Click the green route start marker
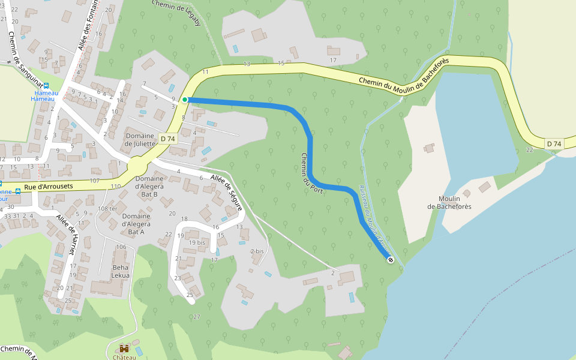[185, 100]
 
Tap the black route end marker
[391, 260]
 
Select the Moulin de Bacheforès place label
[449, 203]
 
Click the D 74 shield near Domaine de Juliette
[168, 139]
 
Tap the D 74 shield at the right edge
[554, 143]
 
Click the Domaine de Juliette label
[140, 140]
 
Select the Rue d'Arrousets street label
[49, 187]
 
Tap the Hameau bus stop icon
[46, 86]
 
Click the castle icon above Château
[124, 349]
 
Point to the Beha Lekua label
[120, 271]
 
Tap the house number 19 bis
[197, 242]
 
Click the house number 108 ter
[108, 208]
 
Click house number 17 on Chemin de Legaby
[333, 60]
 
